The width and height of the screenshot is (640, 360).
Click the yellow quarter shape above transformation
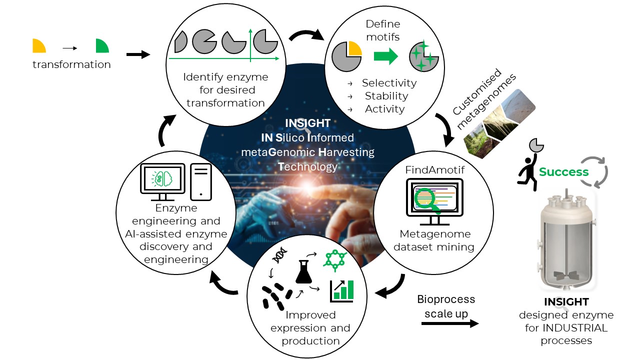click(x=38, y=46)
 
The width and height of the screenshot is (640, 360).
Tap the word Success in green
click(x=563, y=172)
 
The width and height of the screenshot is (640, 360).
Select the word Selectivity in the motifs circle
click(x=389, y=83)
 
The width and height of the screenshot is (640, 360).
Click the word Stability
click(x=386, y=96)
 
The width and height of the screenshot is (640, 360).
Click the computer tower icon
click(x=200, y=181)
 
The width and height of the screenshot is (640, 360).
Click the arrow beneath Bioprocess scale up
click(x=449, y=323)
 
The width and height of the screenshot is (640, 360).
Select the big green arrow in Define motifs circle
click(x=385, y=56)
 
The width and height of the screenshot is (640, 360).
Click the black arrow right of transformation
click(x=138, y=54)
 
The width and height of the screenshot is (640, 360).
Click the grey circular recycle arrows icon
click(x=594, y=171)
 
